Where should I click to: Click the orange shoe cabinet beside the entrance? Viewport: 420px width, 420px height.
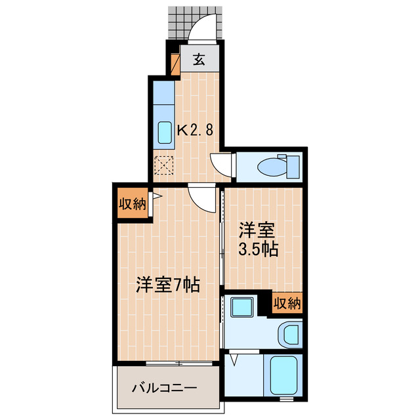[175, 63]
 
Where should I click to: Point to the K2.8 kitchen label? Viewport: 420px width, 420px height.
[195, 130]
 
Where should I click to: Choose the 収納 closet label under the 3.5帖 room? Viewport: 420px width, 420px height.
[287, 303]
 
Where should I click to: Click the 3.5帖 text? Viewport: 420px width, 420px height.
[259, 249]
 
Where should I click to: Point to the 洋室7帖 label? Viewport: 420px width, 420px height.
[167, 285]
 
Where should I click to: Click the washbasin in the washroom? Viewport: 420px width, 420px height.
[288, 335]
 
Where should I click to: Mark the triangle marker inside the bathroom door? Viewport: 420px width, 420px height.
[236, 359]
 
